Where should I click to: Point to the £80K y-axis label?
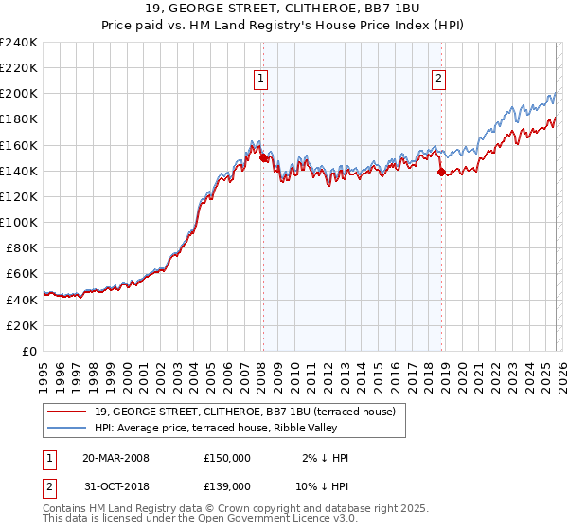point(22,247)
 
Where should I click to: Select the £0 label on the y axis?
point(30,351)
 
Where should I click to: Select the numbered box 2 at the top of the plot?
point(439,80)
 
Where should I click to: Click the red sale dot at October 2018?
point(441,172)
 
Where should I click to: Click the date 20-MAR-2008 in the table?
point(116,458)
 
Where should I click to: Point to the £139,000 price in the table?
point(227,485)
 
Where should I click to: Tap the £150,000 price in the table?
point(227,458)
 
